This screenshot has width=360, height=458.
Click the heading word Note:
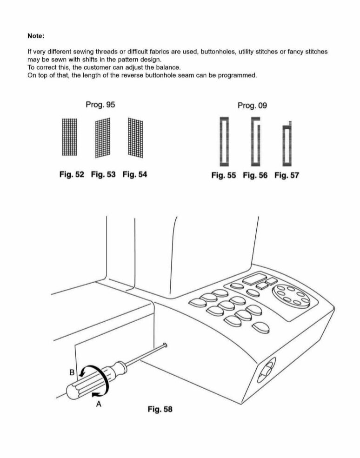point(36,35)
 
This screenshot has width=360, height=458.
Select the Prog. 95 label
point(100,105)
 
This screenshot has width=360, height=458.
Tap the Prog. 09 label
point(252,106)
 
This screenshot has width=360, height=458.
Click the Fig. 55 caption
point(223,175)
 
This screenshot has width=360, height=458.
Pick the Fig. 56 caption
point(255,175)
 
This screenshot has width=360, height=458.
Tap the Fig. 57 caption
point(287,175)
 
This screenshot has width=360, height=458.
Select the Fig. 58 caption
point(160,409)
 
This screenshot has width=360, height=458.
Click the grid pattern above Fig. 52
point(69,137)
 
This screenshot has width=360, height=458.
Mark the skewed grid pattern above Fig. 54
point(136,137)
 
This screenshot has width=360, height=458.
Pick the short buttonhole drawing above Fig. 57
point(287,145)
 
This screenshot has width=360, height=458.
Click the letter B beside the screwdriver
point(72,372)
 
